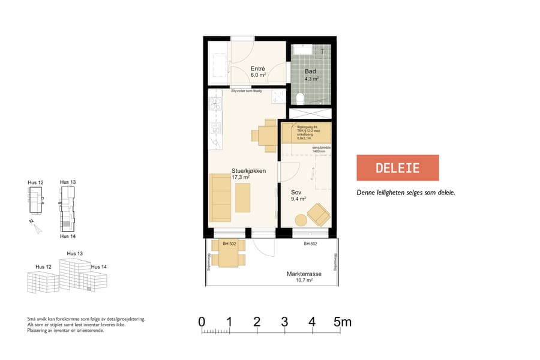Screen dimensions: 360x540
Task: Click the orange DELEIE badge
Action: (x=398, y=168)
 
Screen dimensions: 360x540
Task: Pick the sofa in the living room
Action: (x=220, y=197)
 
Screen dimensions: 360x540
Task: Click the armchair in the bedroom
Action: (x=317, y=214)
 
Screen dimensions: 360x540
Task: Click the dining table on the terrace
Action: (x=229, y=256)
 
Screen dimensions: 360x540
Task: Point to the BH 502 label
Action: (x=229, y=244)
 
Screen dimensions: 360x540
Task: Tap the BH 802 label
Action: (x=310, y=244)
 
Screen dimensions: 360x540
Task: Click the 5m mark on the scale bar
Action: (x=343, y=322)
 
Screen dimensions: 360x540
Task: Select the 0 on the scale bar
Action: (x=202, y=322)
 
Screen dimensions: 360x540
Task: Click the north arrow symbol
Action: (x=37, y=227)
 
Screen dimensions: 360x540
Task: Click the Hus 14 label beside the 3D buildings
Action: (x=99, y=266)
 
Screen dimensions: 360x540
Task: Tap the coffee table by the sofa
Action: (x=242, y=198)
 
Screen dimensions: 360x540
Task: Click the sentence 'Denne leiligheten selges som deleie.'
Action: (x=406, y=193)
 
